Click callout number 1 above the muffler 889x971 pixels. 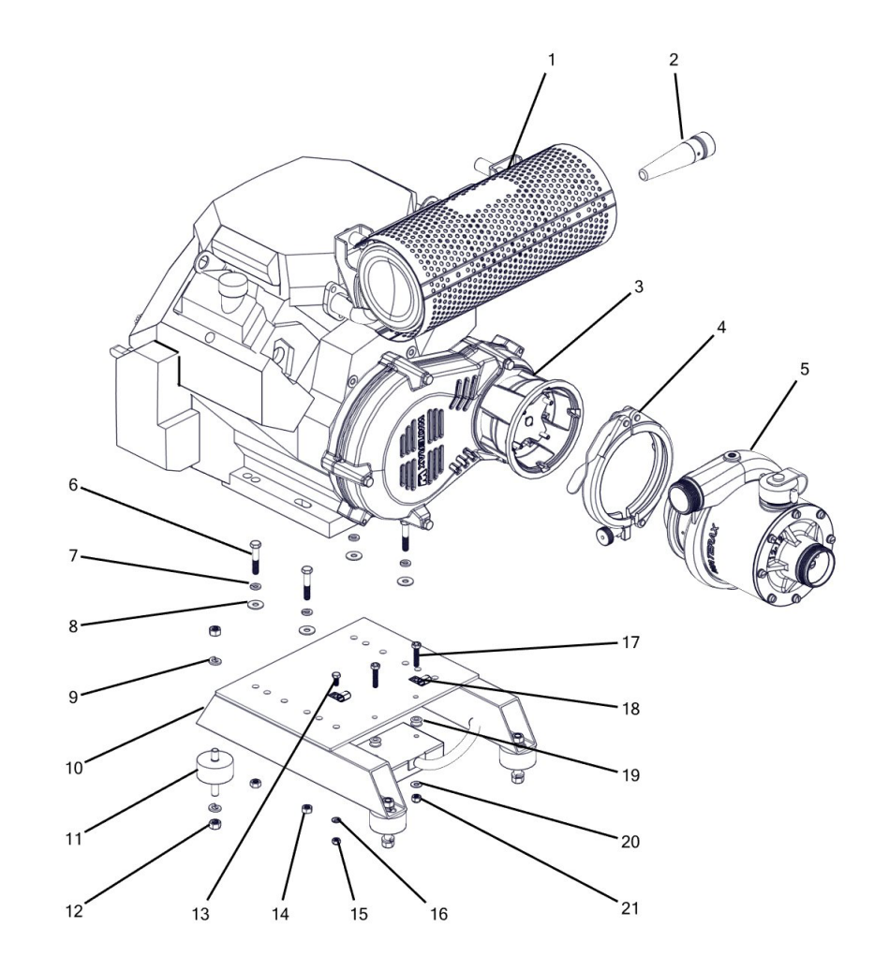(x=552, y=59)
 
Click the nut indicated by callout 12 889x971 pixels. (x=214, y=824)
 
